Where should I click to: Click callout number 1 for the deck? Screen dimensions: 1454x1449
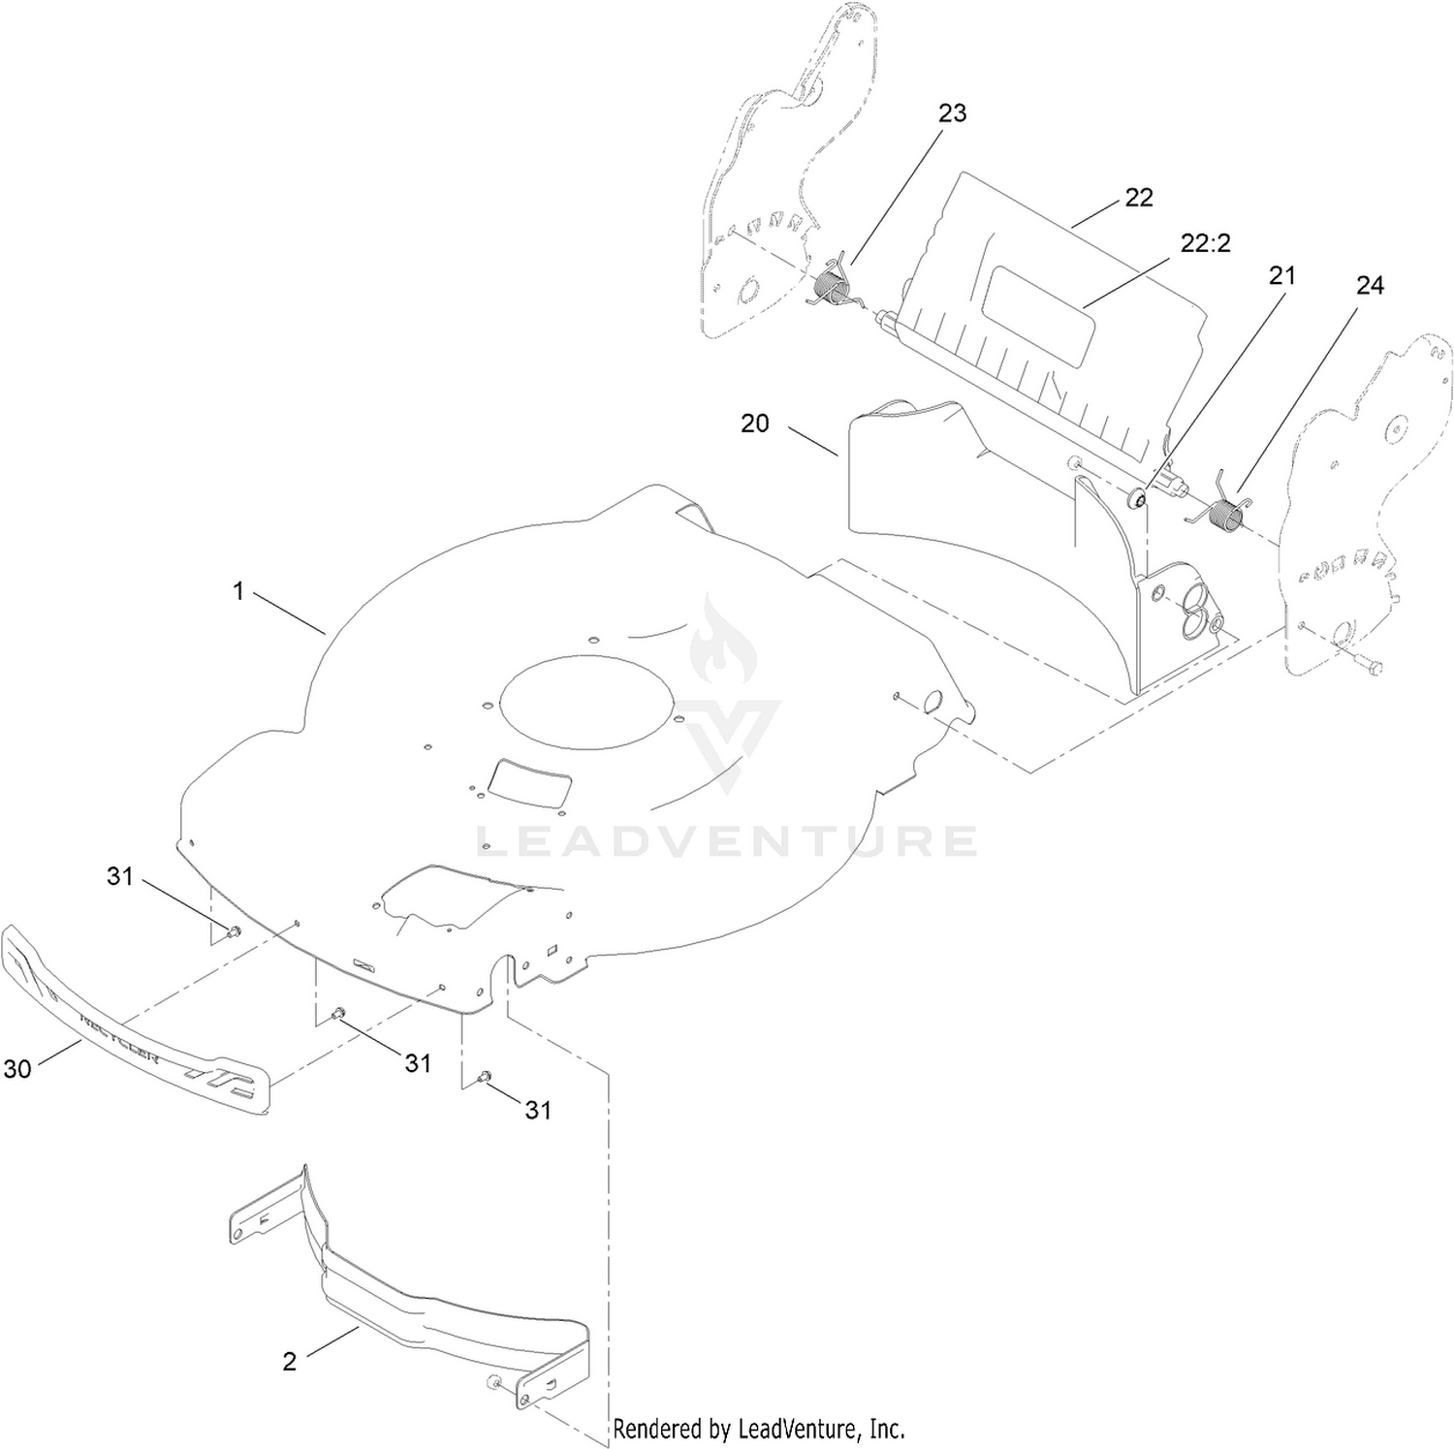click(x=238, y=590)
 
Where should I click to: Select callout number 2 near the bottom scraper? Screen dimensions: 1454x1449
click(x=290, y=1362)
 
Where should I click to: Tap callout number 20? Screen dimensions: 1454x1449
click(x=755, y=424)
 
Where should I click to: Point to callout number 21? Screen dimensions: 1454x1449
click(x=1282, y=276)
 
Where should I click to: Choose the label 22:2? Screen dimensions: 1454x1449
click(x=1206, y=243)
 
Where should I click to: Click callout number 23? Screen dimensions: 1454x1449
click(x=952, y=113)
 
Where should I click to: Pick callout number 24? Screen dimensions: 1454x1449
click(x=1370, y=286)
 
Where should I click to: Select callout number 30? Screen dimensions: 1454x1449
click(x=17, y=1069)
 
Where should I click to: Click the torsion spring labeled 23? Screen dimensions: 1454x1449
click(x=832, y=286)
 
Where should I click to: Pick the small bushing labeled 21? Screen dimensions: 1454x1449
click(x=1138, y=498)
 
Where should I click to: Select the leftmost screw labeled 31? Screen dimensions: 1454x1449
click(x=233, y=932)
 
